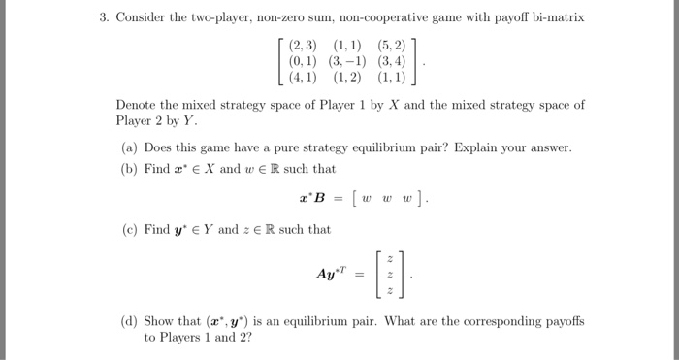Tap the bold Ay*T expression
pos(331,275)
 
